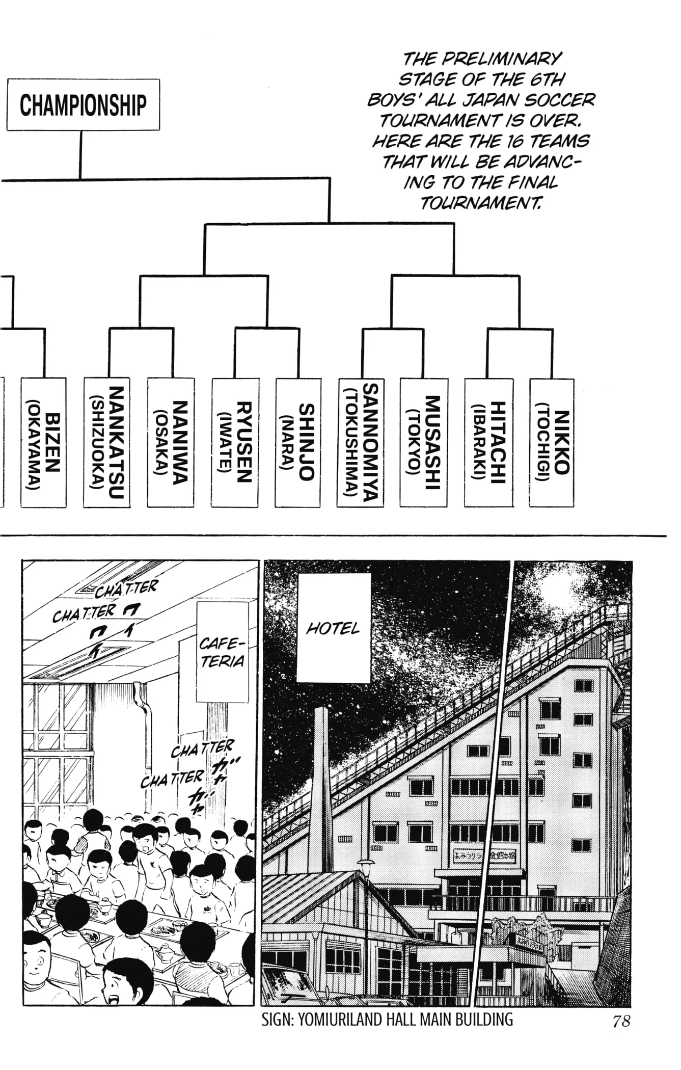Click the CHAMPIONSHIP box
tap(83, 104)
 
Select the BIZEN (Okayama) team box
tap(43, 442)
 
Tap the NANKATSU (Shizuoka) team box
tap(107, 442)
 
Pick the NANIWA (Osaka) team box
tap(171, 442)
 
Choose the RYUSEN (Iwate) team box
tap(234, 442)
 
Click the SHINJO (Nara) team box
tap(298, 442)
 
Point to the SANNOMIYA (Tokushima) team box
tap(361, 442)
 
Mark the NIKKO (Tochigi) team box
tap(552, 442)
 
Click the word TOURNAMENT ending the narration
tap(479, 203)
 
